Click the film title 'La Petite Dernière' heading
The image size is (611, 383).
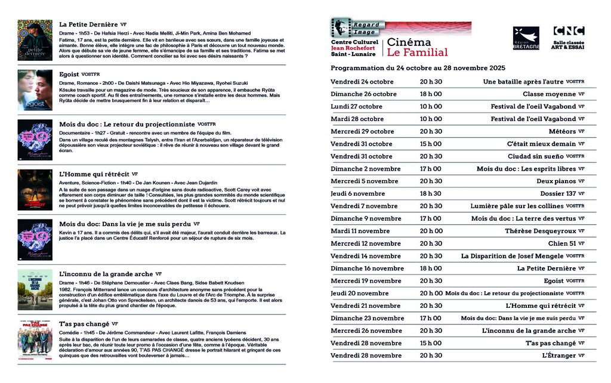coord(88,24)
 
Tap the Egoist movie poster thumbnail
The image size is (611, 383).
coord(35,90)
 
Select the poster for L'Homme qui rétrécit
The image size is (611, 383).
coord(35,190)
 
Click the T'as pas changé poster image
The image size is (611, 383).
coord(35,339)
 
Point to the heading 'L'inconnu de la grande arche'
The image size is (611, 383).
coord(106,274)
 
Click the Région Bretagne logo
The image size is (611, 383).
coord(526,38)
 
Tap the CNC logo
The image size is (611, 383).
coord(569,32)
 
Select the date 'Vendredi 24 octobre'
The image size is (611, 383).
coord(362,82)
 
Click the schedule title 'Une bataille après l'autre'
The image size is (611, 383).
coord(523,82)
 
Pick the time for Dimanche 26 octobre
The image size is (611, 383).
coord(431,94)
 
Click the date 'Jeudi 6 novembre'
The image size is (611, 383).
coord(358,194)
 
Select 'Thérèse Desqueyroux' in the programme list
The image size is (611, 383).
coord(541,231)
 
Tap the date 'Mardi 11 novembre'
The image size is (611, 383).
coord(360,231)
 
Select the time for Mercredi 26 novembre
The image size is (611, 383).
coord(431,331)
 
